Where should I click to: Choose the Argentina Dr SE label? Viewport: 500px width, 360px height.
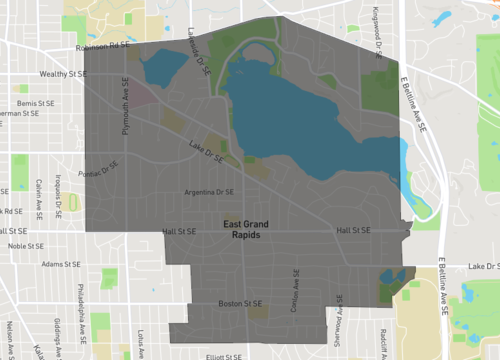click(x=209, y=192)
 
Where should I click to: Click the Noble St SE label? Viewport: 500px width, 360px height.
click(x=27, y=245)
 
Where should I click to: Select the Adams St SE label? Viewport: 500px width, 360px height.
click(x=61, y=264)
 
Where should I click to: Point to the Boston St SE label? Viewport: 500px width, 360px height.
click(x=240, y=304)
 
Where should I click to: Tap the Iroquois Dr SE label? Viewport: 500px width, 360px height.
click(x=62, y=187)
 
